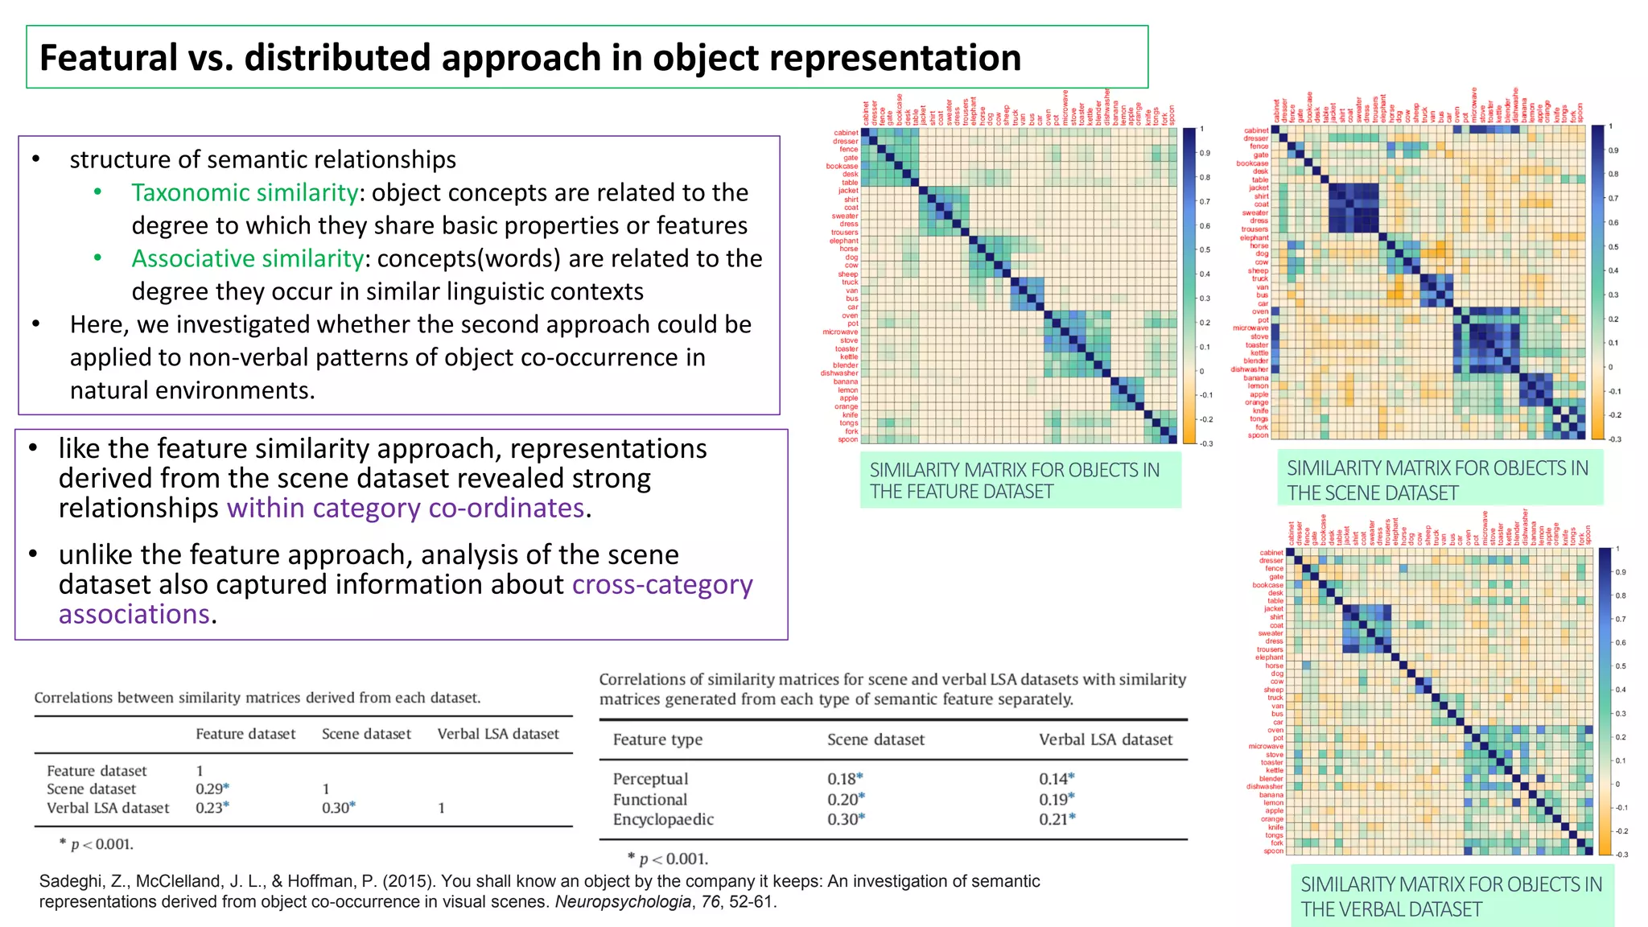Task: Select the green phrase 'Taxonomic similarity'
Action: [245, 193]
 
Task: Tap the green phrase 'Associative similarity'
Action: [247, 259]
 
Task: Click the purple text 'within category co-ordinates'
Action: [406, 509]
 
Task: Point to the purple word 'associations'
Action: [134, 615]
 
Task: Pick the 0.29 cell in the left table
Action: [209, 789]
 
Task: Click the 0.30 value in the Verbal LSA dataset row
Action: [336, 808]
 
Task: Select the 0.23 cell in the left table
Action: [209, 808]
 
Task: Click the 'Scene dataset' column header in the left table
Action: [366, 734]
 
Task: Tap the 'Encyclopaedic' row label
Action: [663, 819]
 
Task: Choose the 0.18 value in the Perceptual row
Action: [842, 779]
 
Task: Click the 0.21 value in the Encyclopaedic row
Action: [1053, 819]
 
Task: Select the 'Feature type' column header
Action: [657, 740]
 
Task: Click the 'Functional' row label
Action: [650, 800]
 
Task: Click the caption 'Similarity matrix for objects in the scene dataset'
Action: [1438, 480]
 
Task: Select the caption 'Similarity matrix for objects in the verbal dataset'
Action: [1451, 896]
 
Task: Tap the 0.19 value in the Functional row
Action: [1053, 800]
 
